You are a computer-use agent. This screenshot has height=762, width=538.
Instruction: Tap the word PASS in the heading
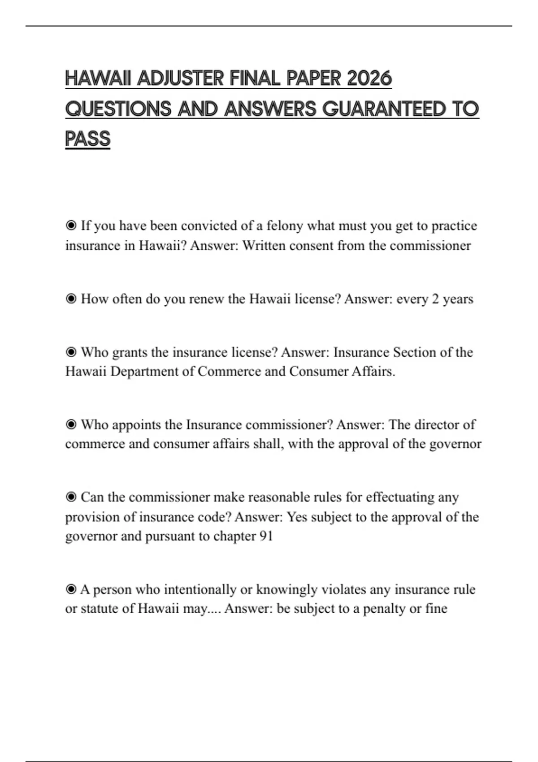click(x=87, y=139)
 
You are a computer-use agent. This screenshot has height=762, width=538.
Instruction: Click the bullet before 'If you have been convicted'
click(x=71, y=225)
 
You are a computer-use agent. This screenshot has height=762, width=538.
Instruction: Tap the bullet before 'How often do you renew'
click(x=71, y=299)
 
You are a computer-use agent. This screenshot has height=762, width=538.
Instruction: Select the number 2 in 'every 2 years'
click(x=435, y=299)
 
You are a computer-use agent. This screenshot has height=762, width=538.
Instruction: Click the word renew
click(x=207, y=299)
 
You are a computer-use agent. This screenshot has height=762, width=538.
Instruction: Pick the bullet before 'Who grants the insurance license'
click(x=71, y=352)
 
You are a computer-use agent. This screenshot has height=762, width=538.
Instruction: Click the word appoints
click(x=136, y=425)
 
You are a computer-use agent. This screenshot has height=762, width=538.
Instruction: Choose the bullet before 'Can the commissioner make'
click(x=71, y=497)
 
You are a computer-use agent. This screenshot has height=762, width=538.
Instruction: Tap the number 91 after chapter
click(x=266, y=536)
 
